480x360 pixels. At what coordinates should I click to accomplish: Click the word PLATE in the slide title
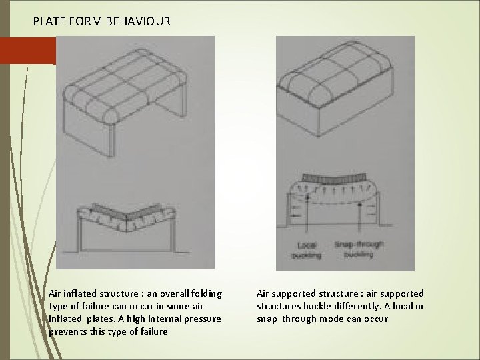50,21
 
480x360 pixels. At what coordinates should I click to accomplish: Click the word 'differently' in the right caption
372,306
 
